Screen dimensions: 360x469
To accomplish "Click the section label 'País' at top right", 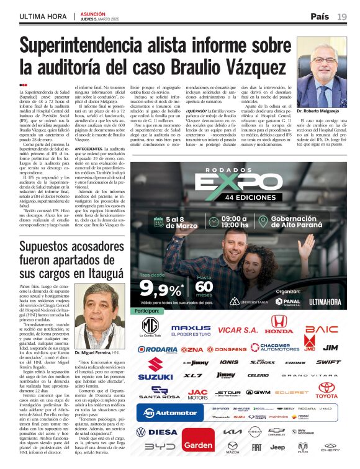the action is pos(320,16).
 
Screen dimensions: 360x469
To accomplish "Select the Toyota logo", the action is pos(327,390).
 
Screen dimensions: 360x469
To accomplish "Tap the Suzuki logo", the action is pos(155,368).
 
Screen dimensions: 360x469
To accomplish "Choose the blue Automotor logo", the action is pos(169,412).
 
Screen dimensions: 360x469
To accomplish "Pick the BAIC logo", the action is pos(322,328).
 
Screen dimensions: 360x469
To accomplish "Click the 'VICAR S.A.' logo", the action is pos(238,329).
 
